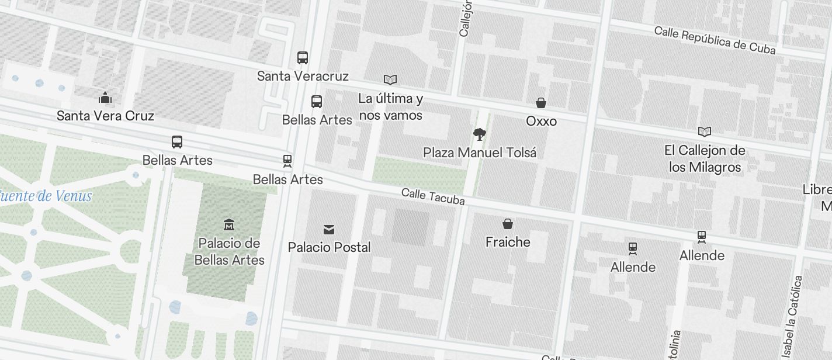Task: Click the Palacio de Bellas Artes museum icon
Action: [229, 224]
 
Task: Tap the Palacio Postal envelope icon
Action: [329, 229]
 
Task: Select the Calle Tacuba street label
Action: [433, 197]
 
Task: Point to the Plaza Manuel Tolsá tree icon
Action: [480, 134]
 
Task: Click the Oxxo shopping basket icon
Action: [541, 103]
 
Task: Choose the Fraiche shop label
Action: [508, 242]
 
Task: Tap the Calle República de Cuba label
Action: [715, 40]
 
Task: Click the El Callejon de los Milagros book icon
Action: [705, 132]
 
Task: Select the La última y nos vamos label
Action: [390, 107]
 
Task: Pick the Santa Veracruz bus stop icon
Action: [303, 58]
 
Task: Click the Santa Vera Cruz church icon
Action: [105, 97]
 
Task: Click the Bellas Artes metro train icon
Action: [287, 161]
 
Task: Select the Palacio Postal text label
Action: [329, 247]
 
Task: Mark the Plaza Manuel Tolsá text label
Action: [480, 153]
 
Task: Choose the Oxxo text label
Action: [541, 122]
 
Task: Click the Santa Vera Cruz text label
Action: [105, 116]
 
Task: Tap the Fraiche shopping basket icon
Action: [508, 224]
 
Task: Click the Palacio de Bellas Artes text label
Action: [229, 251]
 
